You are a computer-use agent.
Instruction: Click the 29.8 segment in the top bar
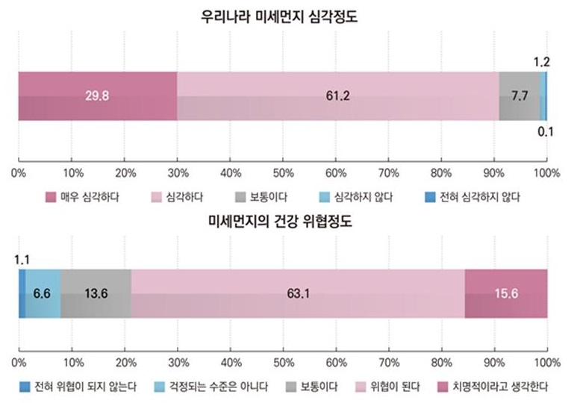[x=98, y=96]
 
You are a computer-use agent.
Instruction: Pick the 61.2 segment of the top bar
[x=337, y=96]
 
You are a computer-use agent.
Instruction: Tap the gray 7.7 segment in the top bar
[x=519, y=96]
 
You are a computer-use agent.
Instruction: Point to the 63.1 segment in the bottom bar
[x=298, y=293]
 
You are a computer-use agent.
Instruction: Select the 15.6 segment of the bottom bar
[x=505, y=293]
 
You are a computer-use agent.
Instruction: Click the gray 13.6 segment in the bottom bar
[x=96, y=293]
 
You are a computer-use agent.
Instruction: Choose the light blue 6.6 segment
[x=43, y=293]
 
